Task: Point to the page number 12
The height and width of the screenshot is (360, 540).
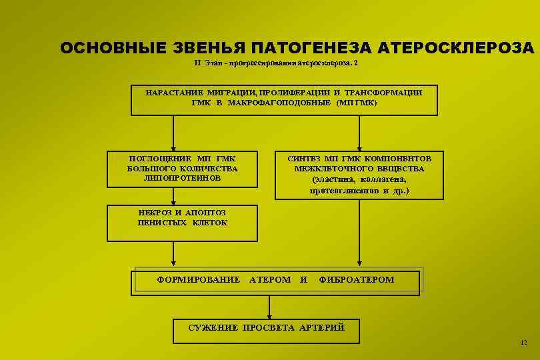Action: coord(523,343)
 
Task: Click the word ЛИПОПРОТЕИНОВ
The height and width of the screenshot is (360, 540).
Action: coord(182,178)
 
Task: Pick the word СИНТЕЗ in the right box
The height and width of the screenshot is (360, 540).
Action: coord(305,159)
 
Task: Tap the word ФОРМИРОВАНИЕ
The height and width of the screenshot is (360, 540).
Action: coord(198,279)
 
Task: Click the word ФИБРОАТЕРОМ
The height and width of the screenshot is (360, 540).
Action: coord(357,279)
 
